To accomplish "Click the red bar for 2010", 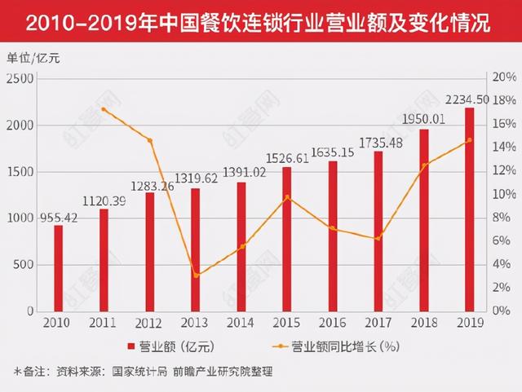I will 59,268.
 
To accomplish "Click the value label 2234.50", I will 468,99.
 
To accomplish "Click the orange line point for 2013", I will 196,275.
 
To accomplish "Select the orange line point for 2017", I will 378,239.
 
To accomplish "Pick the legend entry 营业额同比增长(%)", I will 338,346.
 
